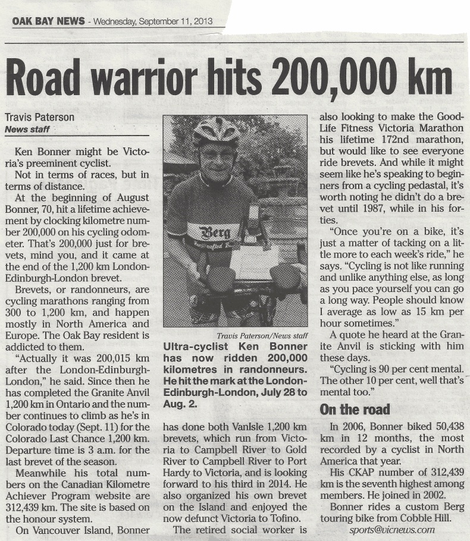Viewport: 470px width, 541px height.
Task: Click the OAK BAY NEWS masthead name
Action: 48,22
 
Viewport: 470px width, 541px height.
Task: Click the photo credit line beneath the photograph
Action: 262,336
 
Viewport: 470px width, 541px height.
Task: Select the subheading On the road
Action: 355,409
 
